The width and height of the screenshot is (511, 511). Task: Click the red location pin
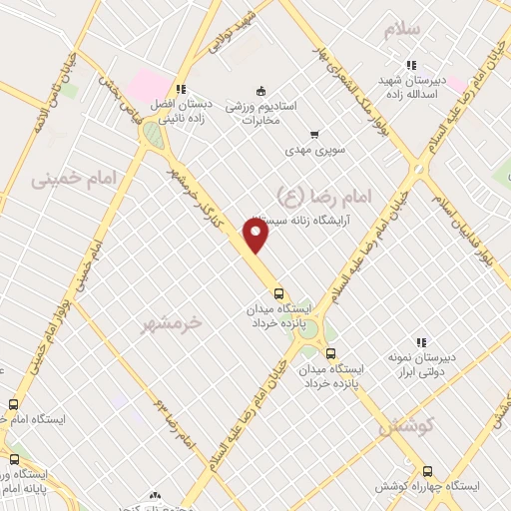256,236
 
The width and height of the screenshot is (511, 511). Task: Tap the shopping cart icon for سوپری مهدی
314,134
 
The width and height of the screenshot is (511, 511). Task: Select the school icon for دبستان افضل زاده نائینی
181,89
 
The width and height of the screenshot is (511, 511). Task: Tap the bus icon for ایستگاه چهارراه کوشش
428,471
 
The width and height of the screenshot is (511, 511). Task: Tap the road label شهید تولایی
235,33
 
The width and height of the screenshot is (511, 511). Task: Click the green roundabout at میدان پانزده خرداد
310,331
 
